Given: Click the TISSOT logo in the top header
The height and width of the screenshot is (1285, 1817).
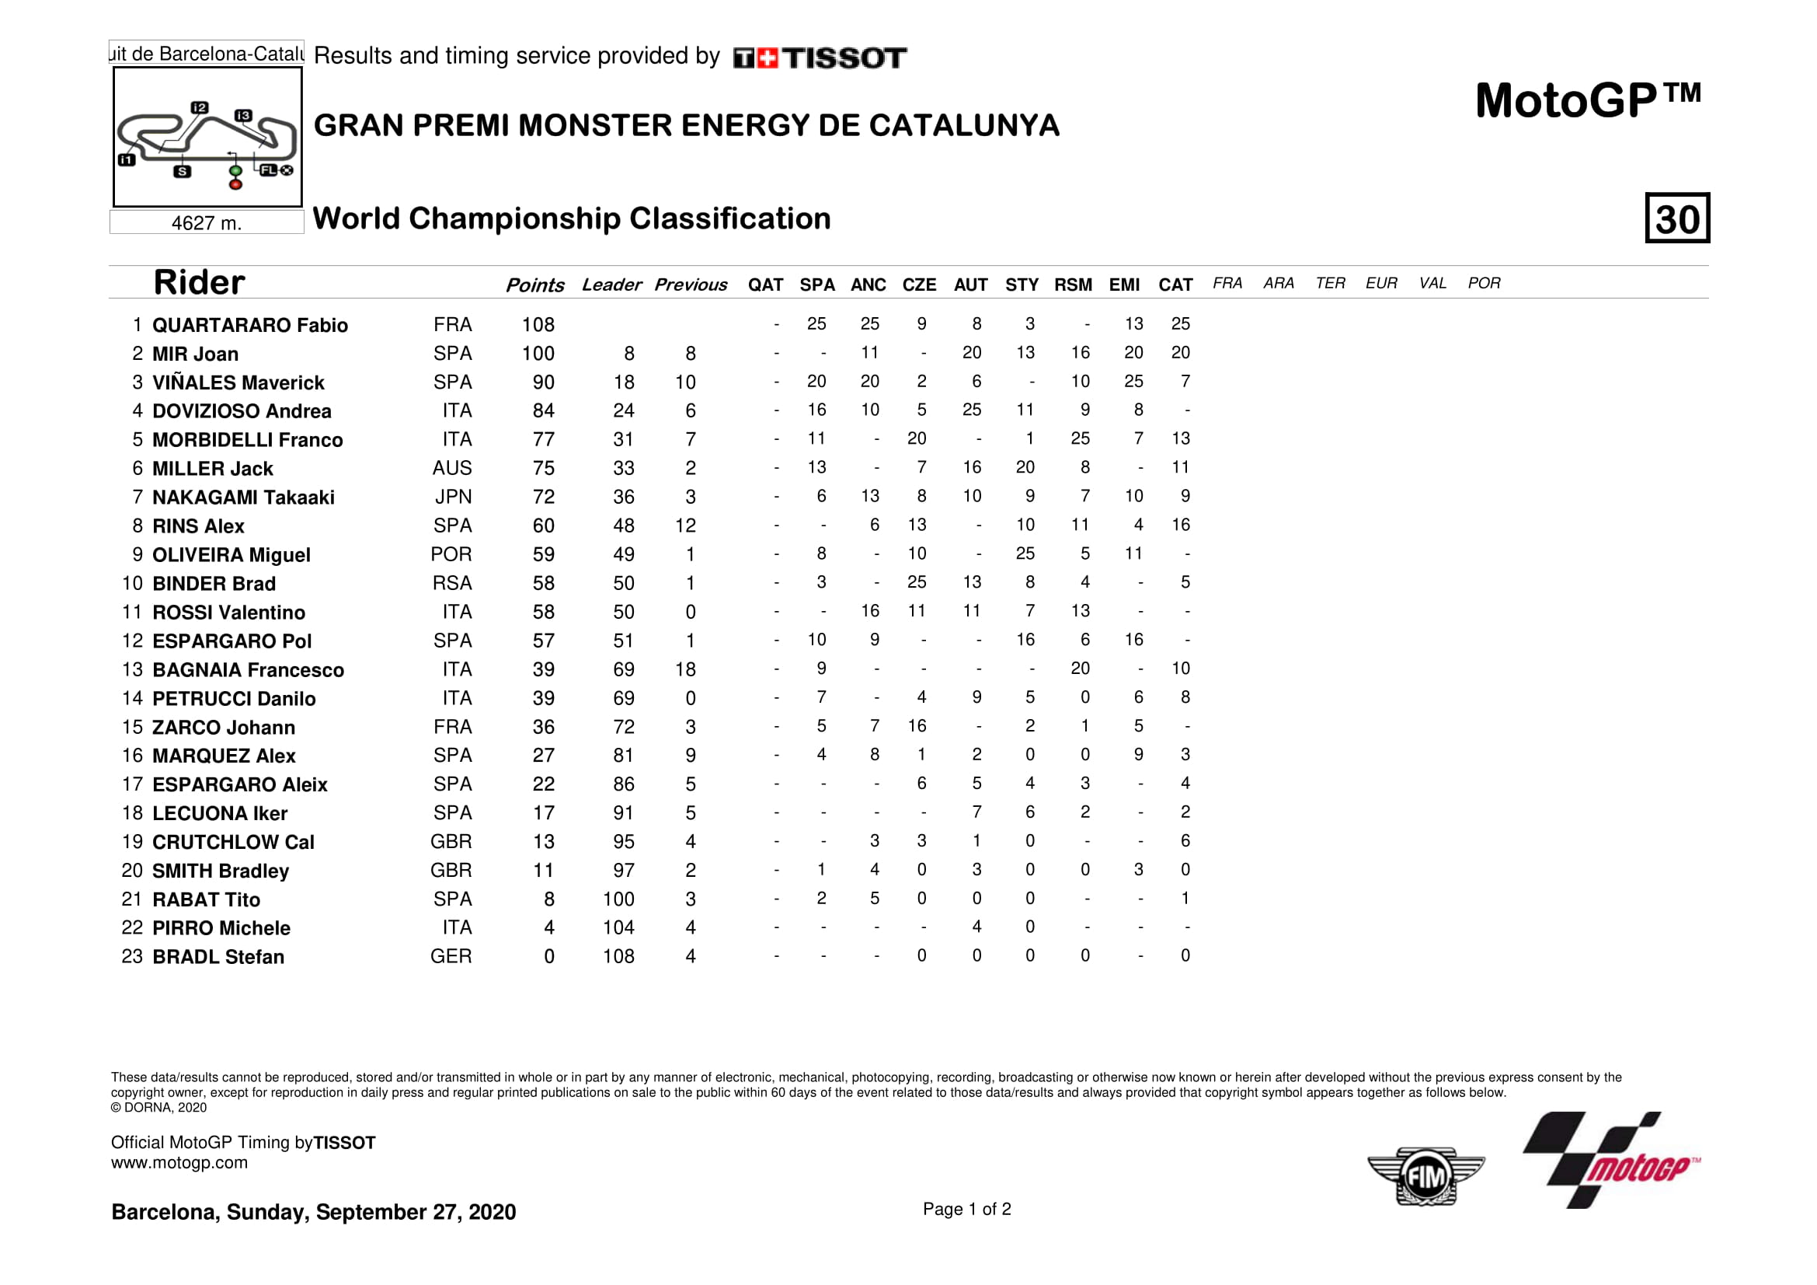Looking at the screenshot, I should pyautogui.click(x=820, y=58).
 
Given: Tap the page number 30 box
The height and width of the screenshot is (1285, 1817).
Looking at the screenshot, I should pyautogui.click(x=1676, y=218).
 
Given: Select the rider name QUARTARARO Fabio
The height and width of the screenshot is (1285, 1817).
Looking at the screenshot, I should pyautogui.click(x=249, y=326).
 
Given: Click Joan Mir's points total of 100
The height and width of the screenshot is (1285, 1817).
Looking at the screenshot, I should pyautogui.click(x=538, y=354).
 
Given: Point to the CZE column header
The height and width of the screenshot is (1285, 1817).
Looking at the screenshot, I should pyautogui.click(x=919, y=285).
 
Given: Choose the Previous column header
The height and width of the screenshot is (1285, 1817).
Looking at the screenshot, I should pyautogui.click(x=690, y=285).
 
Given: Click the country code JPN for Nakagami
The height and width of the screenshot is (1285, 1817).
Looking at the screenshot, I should pyautogui.click(x=453, y=498).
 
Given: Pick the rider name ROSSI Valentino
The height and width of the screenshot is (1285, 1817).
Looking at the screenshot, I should pyautogui.click(x=228, y=613).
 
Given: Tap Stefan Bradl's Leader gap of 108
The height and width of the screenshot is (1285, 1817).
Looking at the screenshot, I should pyautogui.click(x=618, y=956).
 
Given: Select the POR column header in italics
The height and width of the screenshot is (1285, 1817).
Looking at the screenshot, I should pyautogui.click(x=1484, y=284).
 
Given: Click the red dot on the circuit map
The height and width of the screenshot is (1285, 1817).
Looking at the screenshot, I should pyautogui.click(x=235, y=184).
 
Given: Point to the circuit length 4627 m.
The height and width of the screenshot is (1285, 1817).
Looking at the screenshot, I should pyautogui.click(x=206, y=223).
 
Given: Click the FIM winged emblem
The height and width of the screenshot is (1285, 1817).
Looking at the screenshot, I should pyautogui.click(x=1425, y=1176).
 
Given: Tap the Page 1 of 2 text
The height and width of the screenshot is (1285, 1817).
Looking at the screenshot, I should pyautogui.click(x=966, y=1209).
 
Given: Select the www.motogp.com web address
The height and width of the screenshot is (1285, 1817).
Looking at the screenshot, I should pyautogui.click(x=179, y=1163).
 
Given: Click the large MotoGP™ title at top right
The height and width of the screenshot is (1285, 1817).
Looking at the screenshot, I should pyautogui.click(x=1588, y=101).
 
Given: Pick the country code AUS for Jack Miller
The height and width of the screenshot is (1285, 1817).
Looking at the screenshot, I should pyautogui.click(x=452, y=469).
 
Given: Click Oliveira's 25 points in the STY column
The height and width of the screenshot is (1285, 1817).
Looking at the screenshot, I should pyautogui.click(x=1025, y=553).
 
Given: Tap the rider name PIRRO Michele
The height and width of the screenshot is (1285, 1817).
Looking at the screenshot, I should pyautogui.click(x=221, y=928).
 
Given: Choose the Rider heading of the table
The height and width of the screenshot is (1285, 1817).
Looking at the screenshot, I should pyautogui.click(x=199, y=283).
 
